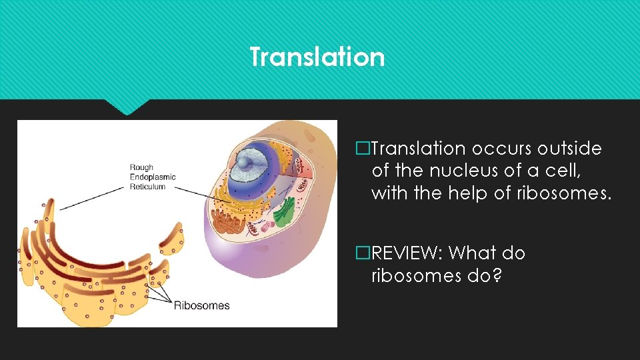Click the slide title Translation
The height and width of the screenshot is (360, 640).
tap(317, 57)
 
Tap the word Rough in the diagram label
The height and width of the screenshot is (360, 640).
tap(141, 168)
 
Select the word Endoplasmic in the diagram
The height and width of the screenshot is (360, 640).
tap(153, 177)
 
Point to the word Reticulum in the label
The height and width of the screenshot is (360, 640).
tap(148, 187)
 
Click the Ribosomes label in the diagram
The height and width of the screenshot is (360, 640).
tap(201, 306)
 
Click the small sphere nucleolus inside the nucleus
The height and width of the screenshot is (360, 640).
tap(245, 161)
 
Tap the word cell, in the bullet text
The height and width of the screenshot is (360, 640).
tap(563, 171)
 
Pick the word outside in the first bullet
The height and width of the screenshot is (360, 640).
tap(570, 149)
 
